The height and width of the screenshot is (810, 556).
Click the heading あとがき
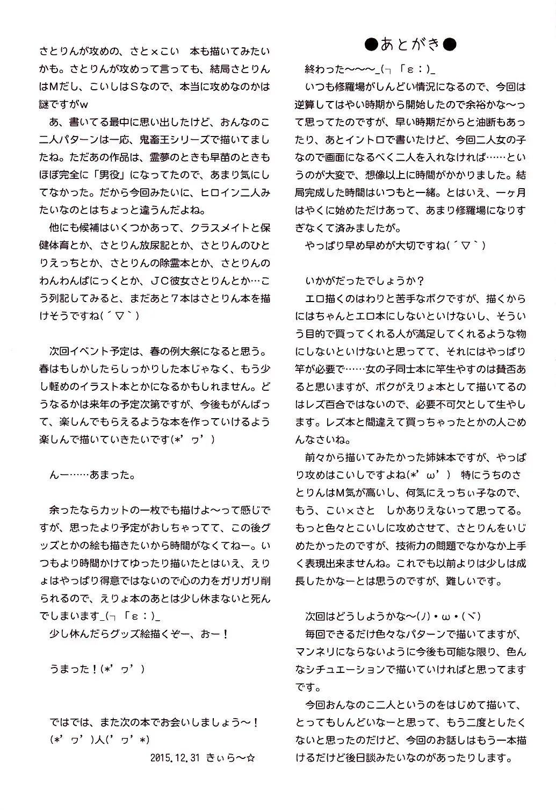point(410,45)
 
